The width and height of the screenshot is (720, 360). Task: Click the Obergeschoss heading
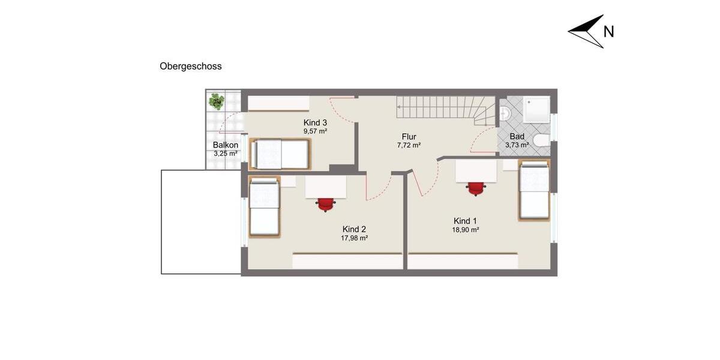(191, 67)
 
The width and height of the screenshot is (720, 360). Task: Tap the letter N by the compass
(608, 32)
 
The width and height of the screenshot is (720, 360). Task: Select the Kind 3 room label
(315, 122)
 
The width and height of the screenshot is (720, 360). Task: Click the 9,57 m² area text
(315, 131)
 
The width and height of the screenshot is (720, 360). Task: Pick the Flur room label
(409, 137)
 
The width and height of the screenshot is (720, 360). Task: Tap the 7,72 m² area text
(409, 145)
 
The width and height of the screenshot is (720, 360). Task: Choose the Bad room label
(517, 136)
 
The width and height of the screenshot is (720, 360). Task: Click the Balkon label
(226, 145)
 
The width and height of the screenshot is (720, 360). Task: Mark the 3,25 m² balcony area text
(226, 154)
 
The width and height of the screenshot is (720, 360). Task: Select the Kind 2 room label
(354, 229)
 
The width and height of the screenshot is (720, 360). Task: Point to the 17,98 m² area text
(354, 238)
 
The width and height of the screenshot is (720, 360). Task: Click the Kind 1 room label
(466, 221)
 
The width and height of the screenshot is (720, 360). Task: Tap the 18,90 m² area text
(466, 229)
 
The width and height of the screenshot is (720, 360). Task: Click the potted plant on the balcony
(216, 101)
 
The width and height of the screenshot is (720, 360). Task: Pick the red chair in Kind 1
(476, 188)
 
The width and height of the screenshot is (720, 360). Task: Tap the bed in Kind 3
(281, 154)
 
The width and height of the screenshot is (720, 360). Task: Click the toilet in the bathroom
(541, 140)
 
